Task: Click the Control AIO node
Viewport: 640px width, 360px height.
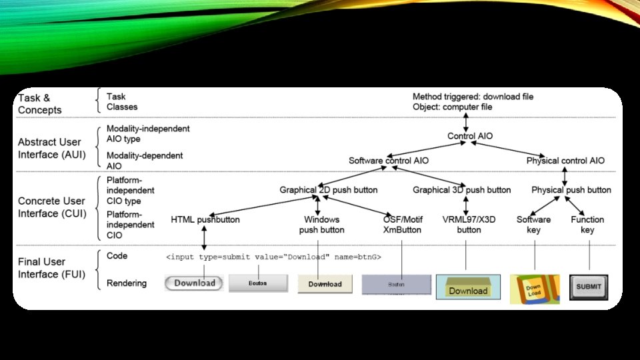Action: click(x=470, y=136)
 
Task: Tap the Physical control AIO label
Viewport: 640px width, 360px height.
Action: click(x=565, y=161)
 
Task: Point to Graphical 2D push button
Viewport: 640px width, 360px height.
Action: click(x=323, y=190)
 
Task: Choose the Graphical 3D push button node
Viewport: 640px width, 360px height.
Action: click(x=462, y=190)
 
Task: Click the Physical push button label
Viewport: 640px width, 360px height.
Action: click(x=571, y=190)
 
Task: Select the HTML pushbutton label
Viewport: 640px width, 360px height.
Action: click(x=205, y=219)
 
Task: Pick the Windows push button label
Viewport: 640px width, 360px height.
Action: click(x=322, y=225)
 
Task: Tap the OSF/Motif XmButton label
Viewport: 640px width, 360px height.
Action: click(x=402, y=225)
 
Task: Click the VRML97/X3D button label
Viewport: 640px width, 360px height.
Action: click(x=469, y=225)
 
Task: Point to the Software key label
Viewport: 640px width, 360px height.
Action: click(x=533, y=225)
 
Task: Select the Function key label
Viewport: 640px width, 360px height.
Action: click(x=587, y=225)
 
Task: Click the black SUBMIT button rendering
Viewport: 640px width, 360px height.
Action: click(x=589, y=287)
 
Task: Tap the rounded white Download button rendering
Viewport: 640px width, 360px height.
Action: click(x=195, y=283)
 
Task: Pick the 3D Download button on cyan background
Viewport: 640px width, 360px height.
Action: click(x=468, y=287)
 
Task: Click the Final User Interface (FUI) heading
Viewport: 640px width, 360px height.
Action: click(x=51, y=268)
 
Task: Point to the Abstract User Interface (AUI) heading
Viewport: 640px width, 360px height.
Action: click(x=49, y=147)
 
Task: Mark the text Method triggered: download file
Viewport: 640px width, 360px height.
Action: click(x=473, y=97)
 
